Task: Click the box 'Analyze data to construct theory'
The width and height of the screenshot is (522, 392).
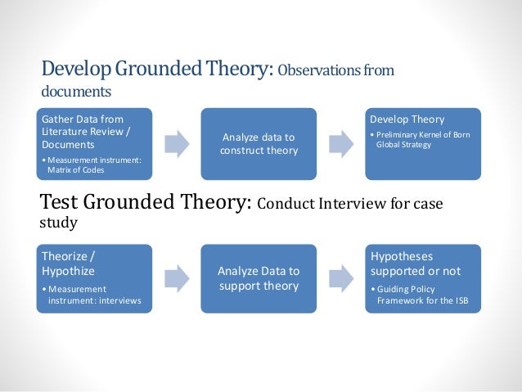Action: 259,144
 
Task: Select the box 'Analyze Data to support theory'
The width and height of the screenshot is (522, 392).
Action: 259,278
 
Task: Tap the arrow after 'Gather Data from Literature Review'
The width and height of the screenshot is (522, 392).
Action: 177,144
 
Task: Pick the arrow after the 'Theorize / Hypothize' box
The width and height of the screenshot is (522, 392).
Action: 177,279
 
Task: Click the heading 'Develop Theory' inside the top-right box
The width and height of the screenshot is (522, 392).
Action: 407,119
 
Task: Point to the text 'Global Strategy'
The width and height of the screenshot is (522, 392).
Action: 406,146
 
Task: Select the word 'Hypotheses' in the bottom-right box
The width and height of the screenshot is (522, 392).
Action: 403,256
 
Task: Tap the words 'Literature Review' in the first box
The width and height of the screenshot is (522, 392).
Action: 78,133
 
